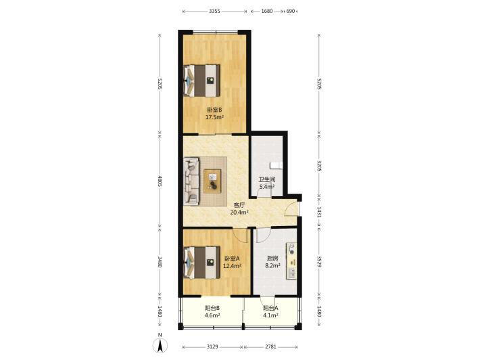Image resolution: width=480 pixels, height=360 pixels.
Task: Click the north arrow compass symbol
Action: tap(160, 344)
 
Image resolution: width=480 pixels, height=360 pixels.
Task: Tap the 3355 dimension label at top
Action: tap(214, 11)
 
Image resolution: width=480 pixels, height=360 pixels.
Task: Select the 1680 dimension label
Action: tap(266, 11)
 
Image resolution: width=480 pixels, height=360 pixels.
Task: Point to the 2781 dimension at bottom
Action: tap(270, 347)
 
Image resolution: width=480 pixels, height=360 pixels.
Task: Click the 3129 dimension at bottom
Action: tap(212, 347)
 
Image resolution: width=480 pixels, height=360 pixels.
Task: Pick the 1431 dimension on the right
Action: tap(319, 212)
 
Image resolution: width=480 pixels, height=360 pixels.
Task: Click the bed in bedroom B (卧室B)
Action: tap(201, 81)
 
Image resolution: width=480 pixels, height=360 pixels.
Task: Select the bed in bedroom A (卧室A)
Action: tap(201, 263)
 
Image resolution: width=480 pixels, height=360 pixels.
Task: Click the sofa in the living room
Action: tap(191, 181)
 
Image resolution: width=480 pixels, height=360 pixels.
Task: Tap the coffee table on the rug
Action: tap(213, 181)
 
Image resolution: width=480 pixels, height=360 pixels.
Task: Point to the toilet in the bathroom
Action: tap(275, 165)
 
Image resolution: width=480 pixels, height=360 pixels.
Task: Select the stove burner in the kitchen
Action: tap(292, 249)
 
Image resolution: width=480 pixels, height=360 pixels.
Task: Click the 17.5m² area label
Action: tap(214, 117)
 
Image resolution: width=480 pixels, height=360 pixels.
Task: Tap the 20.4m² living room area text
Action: tap(239, 211)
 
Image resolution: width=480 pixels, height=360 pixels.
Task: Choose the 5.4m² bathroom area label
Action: tap(266, 186)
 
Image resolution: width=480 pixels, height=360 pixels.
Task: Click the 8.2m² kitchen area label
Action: tap(272, 266)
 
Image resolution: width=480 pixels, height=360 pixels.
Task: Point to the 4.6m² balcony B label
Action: tap(213, 315)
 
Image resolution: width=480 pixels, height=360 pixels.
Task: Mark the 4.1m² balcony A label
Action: tap(270, 315)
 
